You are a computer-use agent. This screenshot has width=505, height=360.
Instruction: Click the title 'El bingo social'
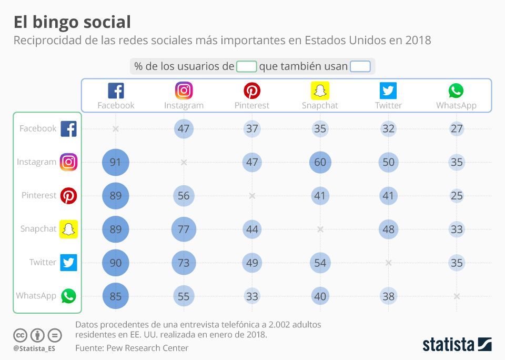click(x=72, y=22)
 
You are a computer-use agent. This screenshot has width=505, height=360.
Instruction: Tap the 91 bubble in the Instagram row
click(x=115, y=162)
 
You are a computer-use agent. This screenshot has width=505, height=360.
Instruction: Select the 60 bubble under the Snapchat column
click(x=320, y=162)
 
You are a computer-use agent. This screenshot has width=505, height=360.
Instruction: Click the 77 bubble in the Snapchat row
click(x=184, y=229)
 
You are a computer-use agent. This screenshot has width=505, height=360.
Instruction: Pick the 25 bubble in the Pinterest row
click(x=457, y=196)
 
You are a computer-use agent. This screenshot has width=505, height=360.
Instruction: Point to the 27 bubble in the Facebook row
click(x=457, y=128)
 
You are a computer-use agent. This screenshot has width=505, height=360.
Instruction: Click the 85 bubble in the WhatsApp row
click(x=115, y=296)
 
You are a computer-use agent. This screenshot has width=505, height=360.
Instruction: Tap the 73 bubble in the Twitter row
click(x=184, y=263)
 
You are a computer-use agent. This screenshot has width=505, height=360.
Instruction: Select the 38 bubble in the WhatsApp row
click(x=388, y=296)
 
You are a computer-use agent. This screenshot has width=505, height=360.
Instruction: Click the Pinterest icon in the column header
click(x=252, y=91)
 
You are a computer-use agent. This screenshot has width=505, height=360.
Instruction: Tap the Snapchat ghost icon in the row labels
click(x=68, y=229)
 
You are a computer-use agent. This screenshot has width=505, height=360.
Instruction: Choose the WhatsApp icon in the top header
click(x=456, y=91)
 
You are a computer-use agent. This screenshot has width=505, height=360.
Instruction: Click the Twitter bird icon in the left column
click(x=68, y=262)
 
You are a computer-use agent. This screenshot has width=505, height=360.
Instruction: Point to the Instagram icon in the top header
click(x=184, y=91)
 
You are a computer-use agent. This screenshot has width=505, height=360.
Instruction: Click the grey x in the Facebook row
click(x=116, y=128)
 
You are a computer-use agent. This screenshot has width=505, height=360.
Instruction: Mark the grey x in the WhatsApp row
click(x=457, y=296)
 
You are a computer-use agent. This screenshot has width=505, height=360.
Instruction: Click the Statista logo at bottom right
click(x=457, y=345)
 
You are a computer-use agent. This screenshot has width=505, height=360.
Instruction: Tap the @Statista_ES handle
click(x=34, y=348)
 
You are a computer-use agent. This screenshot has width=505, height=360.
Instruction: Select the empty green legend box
click(x=246, y=66)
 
